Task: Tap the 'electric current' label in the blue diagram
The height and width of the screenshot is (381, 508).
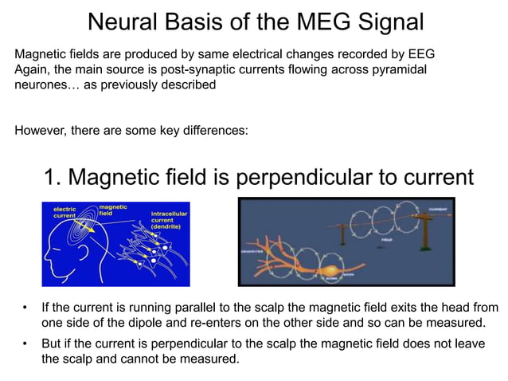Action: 64,213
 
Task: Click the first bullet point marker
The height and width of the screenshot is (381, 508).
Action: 25,308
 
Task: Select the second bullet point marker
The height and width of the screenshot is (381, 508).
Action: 25,344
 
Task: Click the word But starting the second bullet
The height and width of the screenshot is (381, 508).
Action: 53,344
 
